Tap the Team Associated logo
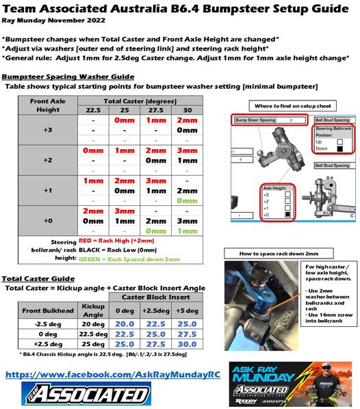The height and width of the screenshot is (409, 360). click(x=79, y=395)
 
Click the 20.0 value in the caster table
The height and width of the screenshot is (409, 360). click(x=124, y=324)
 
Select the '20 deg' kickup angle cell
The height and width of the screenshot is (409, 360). click(x=92, y=324)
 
